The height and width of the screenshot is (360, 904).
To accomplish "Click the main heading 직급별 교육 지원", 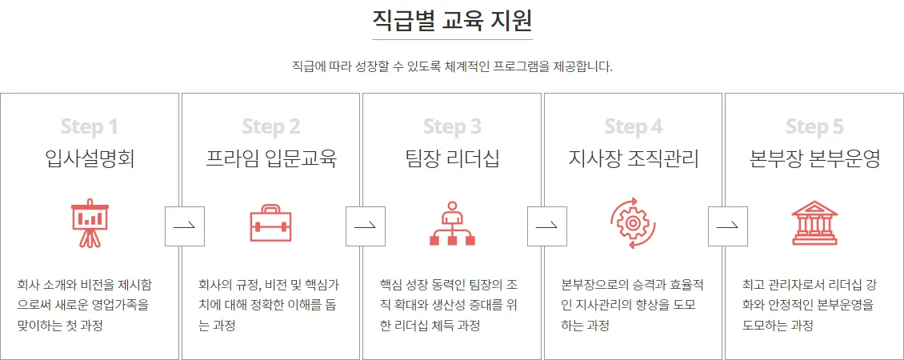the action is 452,19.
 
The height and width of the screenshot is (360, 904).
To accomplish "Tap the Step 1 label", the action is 90,126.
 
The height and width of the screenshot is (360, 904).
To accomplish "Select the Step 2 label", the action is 271,126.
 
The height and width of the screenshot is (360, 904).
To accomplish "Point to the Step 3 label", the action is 452,126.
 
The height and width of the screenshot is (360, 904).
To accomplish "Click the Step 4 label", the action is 634,126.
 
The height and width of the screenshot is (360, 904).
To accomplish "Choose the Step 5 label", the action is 814,126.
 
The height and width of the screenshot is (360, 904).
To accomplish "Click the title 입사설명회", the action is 90,158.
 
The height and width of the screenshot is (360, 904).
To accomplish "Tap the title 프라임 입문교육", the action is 271,158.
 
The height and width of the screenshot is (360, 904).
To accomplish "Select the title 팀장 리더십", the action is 452,158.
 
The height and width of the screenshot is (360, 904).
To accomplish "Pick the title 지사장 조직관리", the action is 634,158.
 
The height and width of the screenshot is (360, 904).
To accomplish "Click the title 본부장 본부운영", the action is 814,158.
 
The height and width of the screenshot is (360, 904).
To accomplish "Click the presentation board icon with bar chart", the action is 90,223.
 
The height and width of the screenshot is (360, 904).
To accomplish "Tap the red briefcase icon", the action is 271,223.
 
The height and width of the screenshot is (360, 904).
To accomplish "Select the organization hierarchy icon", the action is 452,223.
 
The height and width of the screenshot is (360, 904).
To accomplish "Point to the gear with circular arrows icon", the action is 634,223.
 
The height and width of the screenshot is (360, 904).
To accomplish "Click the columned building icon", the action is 814,223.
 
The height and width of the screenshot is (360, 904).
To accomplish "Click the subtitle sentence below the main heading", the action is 452,66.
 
